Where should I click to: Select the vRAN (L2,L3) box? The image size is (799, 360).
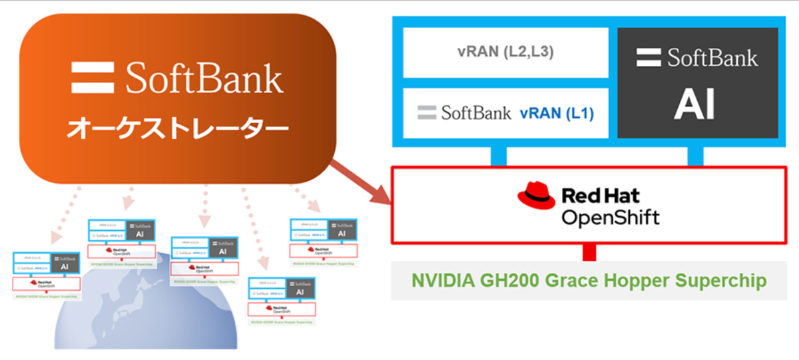point(505,53)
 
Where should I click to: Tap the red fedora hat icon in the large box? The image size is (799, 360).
point(536,196)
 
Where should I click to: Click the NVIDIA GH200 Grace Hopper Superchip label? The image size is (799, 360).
point(589,280)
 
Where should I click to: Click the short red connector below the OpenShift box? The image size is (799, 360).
point(589,252)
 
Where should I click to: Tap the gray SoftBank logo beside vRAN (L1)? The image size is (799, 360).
point(464,113)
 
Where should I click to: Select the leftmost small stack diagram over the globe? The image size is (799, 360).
point(47,275)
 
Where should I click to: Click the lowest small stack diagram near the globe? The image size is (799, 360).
point(281,300)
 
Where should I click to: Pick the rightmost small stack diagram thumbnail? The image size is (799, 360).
point(323,242)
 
